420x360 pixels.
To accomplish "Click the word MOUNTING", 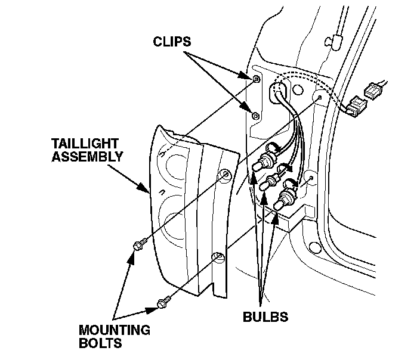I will [115, 330].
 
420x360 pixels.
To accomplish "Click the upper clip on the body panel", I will [256, 79].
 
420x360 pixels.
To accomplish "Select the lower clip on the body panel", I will [255, 115].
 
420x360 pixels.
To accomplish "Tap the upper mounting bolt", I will [138, 245].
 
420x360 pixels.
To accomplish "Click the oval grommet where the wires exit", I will [279, 94].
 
